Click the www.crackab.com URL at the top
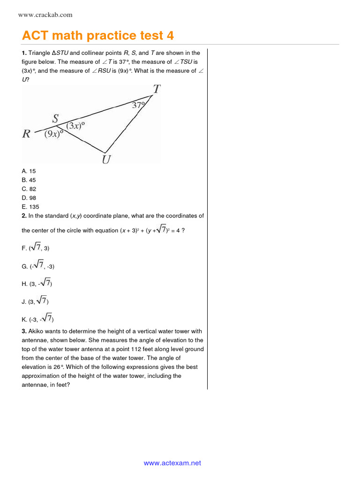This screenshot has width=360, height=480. (45, 15)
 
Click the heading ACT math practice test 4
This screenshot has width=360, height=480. (98, 36)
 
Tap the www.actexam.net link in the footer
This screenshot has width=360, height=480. (172, 463)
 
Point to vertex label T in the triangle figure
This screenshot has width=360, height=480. (156, 89)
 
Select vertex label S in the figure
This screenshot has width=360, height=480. (55, 119)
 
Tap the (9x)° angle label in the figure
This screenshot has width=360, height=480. (53, 134)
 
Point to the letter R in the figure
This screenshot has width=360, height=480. (27, 134)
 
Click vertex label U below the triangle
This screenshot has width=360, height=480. (106, 160)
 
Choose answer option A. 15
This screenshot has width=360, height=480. (29, 171)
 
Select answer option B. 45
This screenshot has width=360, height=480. (29, 180)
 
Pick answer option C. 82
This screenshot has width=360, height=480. (29, 189)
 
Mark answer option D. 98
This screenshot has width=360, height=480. (29, 198)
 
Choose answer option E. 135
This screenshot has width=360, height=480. (30, 207)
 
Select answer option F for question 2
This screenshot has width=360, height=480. (35, 248)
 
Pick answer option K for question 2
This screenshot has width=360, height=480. (37, 319)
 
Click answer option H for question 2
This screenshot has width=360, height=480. (37, 283)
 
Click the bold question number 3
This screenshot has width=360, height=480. (24, 331)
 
